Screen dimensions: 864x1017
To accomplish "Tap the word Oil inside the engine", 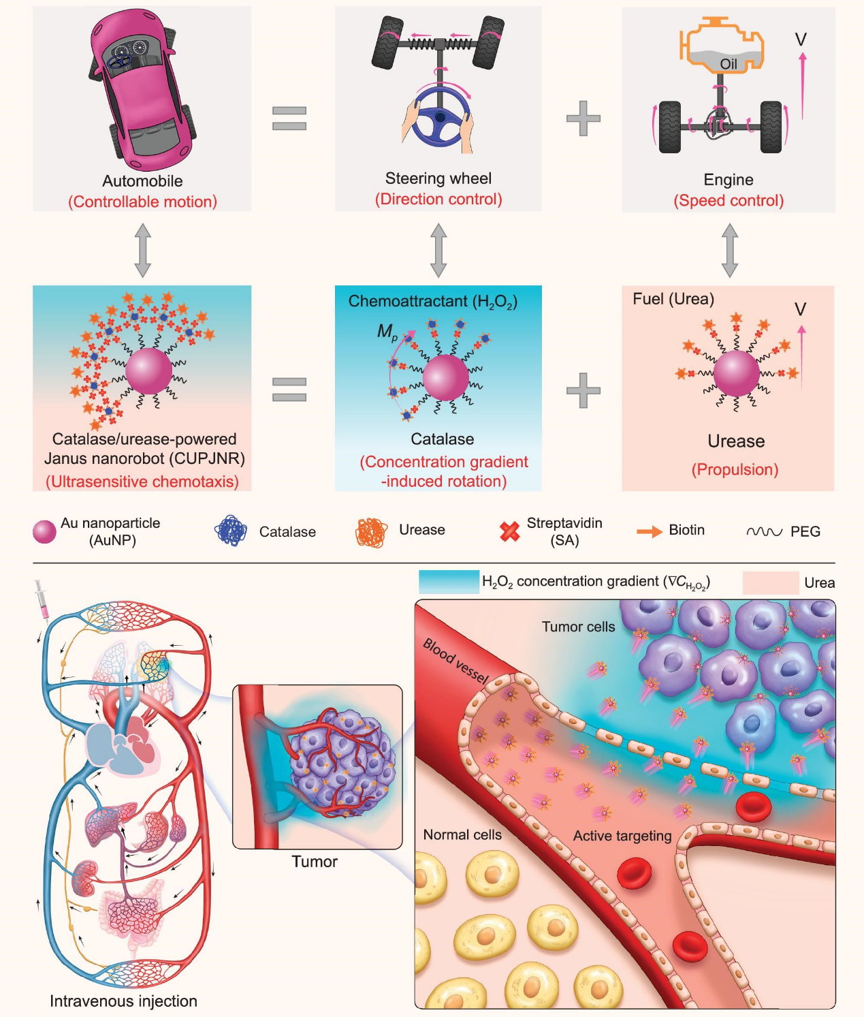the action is [729, 64].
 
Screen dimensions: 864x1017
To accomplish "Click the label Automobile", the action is [142, 181].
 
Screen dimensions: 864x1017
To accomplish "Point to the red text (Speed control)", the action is [729, 201].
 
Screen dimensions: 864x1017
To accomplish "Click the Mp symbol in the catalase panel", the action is [387, 332].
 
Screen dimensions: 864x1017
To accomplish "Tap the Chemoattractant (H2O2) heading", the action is [433, 302].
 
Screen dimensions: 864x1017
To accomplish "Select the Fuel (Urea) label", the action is [673, 298].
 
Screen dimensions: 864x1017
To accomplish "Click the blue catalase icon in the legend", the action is [231, 531].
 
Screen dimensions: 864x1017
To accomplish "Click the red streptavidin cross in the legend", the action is [509, 531].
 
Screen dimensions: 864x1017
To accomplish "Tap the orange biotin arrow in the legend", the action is [650, 531].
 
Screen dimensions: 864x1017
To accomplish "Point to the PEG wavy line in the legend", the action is [764, 532].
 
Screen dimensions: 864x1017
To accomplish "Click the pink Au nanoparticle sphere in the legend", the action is [44, 532].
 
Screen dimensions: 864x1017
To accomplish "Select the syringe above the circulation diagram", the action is [42, 599].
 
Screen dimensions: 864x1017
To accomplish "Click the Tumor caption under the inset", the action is [315, 862].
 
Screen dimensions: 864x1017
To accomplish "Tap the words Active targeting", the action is [622, 836].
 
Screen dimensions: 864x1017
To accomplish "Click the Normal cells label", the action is [462, 834].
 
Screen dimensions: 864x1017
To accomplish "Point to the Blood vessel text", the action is [455, 661].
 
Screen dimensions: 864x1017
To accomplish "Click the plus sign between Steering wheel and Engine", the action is [583, 118].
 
